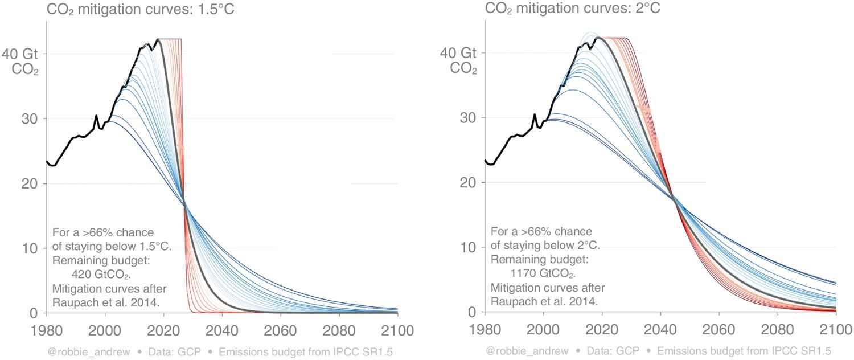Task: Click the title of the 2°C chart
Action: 572,8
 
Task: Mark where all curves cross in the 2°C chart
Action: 674,198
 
